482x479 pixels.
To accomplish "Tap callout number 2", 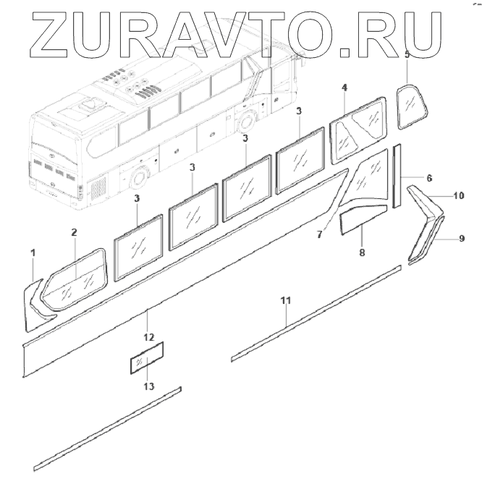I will (74, 232).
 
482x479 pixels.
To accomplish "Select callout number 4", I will (344, 88).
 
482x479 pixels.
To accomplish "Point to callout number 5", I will (407, 54).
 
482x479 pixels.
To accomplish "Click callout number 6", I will (429, 178).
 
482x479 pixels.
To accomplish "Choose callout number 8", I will (362, 253).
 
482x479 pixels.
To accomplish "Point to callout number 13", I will (148, 386).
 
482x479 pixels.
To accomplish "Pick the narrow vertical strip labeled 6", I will (397, 176).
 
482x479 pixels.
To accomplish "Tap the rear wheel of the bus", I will (138, 178).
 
